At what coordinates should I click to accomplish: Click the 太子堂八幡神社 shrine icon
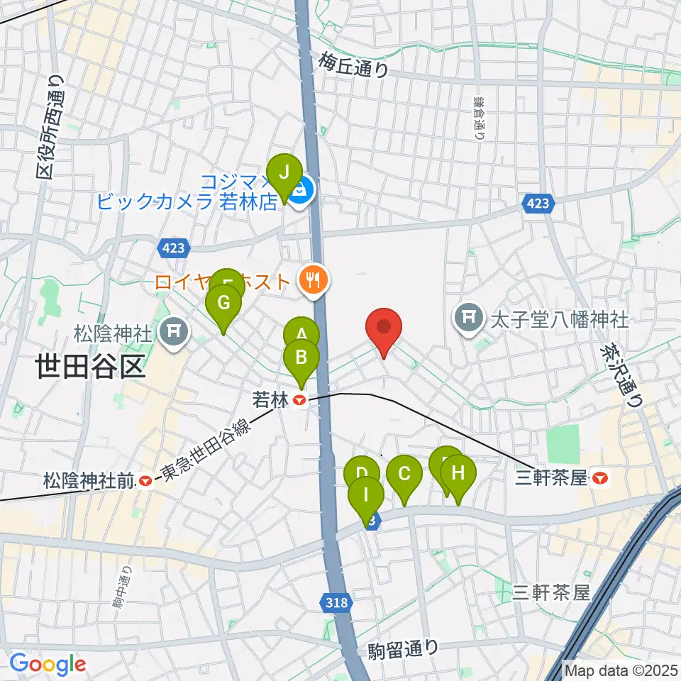tap(470, 314)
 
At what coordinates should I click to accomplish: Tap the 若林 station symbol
tap(300, 401)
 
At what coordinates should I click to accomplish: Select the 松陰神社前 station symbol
tap(145, 482)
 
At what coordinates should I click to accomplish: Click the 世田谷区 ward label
tap(90, 367)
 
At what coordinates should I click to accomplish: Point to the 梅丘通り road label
tap(354, 65)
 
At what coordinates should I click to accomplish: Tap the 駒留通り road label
tap(404, 648)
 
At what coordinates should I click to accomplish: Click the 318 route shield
tap(338, 603)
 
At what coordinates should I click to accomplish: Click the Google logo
tap(48, 663)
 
